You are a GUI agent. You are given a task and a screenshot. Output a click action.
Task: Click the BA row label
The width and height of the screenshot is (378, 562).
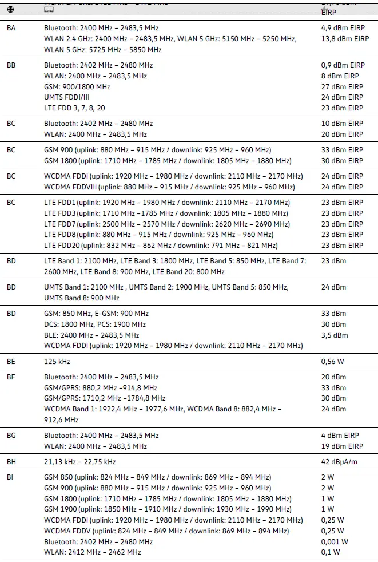click(11, 28)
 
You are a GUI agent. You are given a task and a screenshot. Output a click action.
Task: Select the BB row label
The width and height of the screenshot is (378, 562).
click(11, 65)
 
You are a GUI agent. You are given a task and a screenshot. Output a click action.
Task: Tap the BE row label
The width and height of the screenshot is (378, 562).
click(11, 362)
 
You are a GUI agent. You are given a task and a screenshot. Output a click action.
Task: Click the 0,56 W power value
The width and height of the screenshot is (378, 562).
click(332, 362)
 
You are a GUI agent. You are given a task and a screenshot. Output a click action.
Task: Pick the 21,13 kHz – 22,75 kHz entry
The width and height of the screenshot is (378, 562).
click(79, 462)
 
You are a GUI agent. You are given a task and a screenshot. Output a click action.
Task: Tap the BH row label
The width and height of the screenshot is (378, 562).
click(11, 462)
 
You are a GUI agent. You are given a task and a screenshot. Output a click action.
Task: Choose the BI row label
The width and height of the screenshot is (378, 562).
click(10, 477)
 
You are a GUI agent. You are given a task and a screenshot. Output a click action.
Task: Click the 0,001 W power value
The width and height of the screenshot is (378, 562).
click(335, 541)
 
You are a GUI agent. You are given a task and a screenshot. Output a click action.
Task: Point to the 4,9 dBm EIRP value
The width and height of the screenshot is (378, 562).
click(343, 28)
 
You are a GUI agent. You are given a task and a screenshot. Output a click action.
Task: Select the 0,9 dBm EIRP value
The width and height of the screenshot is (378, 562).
click(343, 65)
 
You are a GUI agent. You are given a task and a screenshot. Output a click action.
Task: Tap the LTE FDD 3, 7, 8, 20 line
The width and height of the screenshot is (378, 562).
click(75, 108)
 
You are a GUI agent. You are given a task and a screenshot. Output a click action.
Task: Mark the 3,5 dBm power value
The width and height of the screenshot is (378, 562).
click(334, 335)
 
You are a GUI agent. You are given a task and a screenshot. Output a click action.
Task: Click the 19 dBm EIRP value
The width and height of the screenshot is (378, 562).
click(342, 446)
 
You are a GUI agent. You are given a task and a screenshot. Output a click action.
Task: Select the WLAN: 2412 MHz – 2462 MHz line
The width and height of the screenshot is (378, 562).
click(93, 552)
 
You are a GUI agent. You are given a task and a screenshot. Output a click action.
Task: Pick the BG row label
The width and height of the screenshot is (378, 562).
click(11, 436)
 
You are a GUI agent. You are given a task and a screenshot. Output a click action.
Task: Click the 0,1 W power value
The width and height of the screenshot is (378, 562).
click(331, 552)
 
